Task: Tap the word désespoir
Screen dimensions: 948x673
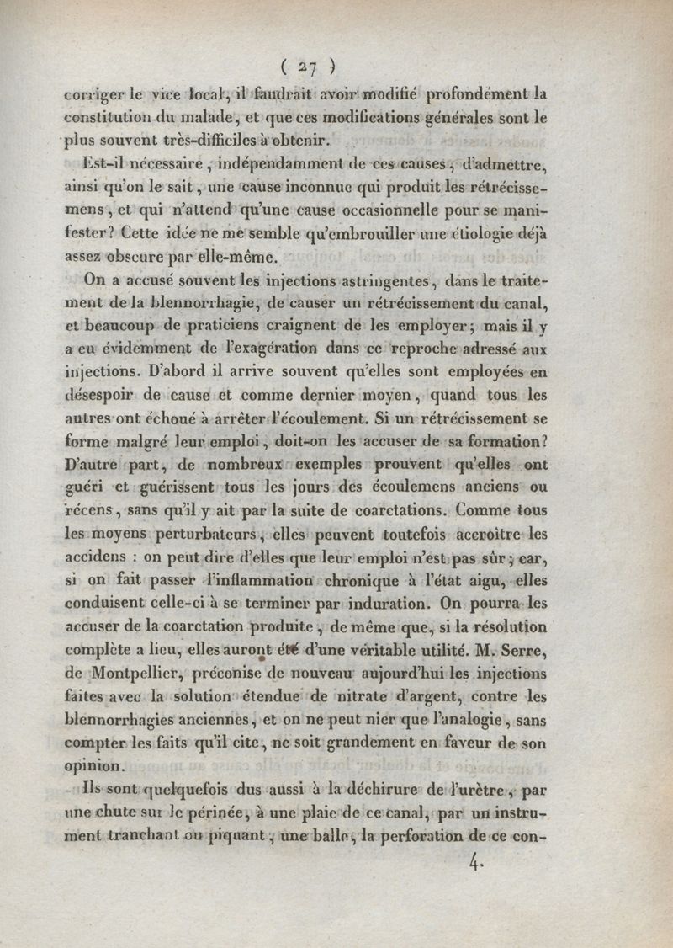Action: coord(101,394)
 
